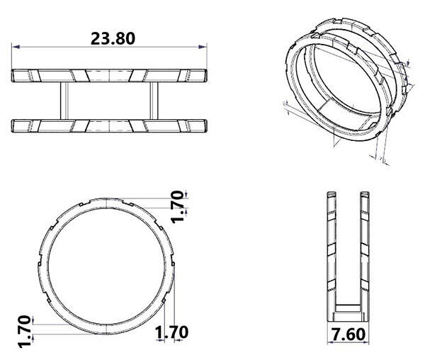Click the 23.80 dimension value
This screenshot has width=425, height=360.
pyautogui.click(x=113, y=38)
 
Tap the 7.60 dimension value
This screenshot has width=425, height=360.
pyautogui.click(x=348, y=334)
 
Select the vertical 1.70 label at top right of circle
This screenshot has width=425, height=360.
pyautogui.click(x=177, y=207)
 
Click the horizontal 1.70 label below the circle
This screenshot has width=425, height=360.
pyautogui.click(x=172, y=332)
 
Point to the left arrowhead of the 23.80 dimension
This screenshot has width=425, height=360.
pyautogui.click(x=16, y=47)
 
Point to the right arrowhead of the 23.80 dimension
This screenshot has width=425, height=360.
pyautogui.click(x=203, y=47)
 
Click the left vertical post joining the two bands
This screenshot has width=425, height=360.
pyautogui.click(x=64, y=101)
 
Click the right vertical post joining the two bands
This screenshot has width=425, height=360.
pyautogui.click(x=154, y=101)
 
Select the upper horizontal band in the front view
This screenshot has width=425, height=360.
pyautogui.click(x=109, y=76)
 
